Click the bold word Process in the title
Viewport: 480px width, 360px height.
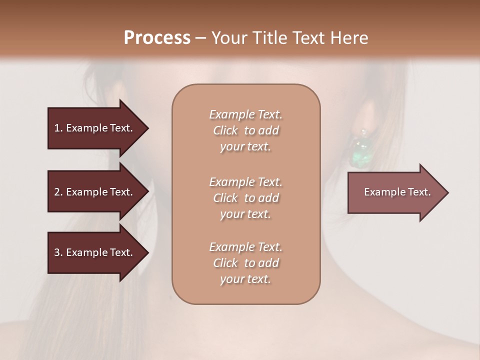pos(157,38)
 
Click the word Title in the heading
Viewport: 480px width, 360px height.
pos(270,38)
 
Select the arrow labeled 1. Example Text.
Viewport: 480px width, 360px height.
pos(94,128)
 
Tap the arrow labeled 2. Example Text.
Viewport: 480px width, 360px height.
pos(94,192)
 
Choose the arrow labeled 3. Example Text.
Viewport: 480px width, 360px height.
pos(94,252)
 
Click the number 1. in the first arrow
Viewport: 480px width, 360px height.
pos(58,128)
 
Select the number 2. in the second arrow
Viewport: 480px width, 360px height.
pos(58,192)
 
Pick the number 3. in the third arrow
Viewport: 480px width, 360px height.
pos(58,252)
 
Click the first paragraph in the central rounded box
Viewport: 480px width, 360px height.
pos(245,130)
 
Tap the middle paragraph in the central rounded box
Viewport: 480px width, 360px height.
pos(245,198)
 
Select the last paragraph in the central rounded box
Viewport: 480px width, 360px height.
pos(245,263)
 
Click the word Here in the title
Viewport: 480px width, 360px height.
pos(350,38)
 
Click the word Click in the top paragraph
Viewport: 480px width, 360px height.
pos(225,130)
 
